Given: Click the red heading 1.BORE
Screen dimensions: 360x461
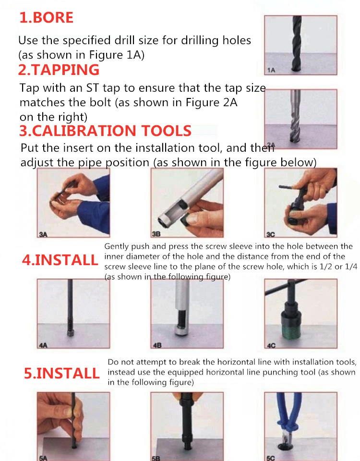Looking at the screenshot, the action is coord(46,17).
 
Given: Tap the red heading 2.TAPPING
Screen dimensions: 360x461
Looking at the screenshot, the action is coord(59,70).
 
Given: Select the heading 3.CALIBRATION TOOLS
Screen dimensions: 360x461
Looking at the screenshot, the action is coord(105,131).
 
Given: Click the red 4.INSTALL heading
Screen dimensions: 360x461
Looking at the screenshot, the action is coord(60,260).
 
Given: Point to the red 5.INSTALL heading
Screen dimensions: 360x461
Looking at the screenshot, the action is coord(62,373).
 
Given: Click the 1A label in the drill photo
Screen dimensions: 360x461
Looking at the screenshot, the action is coord(271,70).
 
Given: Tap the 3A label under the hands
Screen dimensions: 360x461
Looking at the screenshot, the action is coord(43,234).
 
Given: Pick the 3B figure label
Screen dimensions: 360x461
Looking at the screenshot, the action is coord(156,234).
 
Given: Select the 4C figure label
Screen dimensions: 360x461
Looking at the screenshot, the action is coord(271,345).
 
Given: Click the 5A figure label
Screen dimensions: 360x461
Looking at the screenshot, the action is coord(43,458).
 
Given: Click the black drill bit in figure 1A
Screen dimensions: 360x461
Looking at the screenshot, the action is coord(297,43).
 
